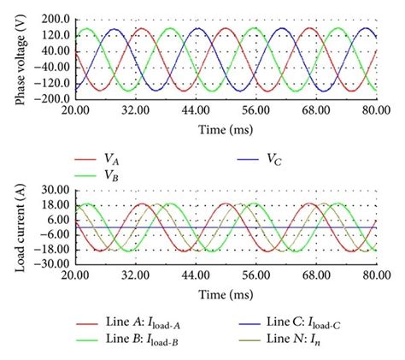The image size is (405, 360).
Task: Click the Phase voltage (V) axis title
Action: [x=20, y=59]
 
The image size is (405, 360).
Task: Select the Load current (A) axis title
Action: [x=20, y=227]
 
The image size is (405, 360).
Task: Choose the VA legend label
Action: [x=112, y=158]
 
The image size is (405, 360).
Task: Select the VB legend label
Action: [x=112, y=174]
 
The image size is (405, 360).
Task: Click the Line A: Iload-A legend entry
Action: [x=150, y=324]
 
